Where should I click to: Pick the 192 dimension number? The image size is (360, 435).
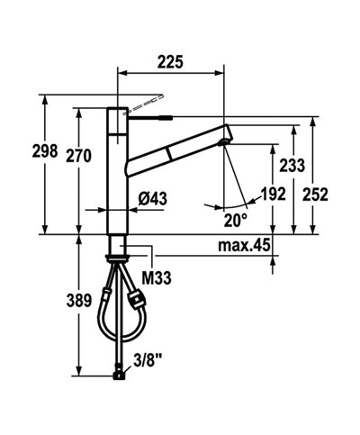click(273, 194)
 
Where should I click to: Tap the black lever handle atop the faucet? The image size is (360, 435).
click(149, 115)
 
